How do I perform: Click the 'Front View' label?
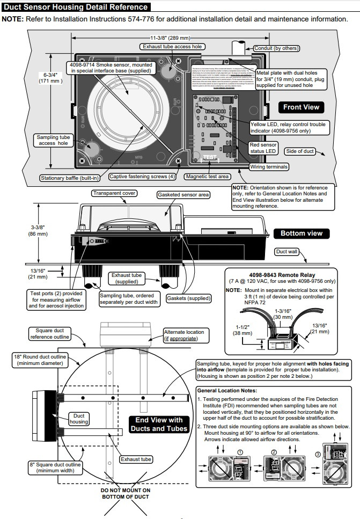click(x=301, y=107)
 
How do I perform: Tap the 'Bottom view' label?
click(x=302, y=233)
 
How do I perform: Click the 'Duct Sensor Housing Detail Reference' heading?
click(x=76, y=7)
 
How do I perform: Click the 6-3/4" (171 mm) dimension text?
click(x=50, y=77)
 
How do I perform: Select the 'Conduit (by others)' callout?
click(x=276, y=48)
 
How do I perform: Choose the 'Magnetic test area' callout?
click(x=207, y=176)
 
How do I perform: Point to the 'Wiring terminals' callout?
click(x=269, y=167)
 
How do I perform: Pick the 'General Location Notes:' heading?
click(x=227, y=390)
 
